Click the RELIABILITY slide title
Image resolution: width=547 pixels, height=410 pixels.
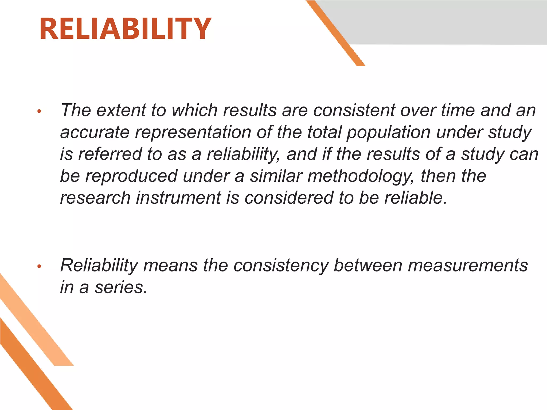[125, 29]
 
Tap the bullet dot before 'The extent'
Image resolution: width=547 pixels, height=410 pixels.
[39, 111]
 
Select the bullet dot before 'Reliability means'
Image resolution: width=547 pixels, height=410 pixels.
[39, 266]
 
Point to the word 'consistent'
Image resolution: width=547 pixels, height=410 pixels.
[354, 110]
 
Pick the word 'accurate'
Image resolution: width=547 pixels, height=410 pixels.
[95, 132]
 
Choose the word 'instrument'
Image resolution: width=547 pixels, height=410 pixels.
[179, 198]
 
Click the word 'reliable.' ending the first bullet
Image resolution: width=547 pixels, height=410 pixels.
[416, 198]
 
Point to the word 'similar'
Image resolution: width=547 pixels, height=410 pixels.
[276, 176]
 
